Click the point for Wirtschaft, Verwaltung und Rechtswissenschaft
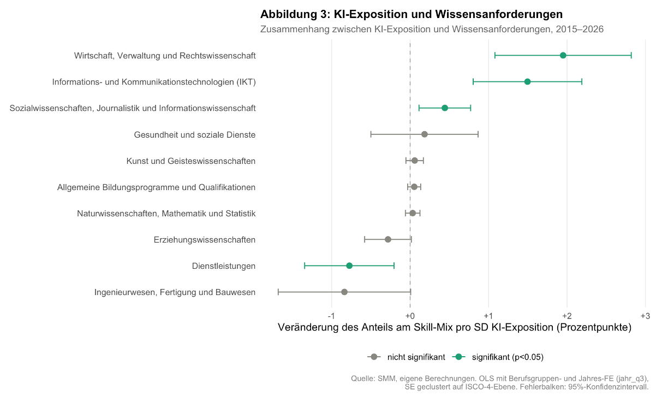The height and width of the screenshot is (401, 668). [563, 55]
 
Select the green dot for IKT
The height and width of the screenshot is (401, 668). [527, 81]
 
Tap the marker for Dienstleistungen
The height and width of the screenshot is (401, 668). [349, 266]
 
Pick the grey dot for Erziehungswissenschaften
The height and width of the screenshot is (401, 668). [388, 239]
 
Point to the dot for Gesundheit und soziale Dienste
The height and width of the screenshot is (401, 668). [425, 134]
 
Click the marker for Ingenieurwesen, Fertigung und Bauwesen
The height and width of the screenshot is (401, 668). [344, 292]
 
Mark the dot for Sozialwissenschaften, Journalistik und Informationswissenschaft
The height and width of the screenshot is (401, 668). [444, 108]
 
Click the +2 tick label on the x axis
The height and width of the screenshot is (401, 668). [566, 316]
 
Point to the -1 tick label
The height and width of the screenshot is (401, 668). [331, 316]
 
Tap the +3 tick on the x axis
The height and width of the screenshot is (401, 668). [645, 316]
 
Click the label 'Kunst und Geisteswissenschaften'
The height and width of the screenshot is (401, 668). [191, 161]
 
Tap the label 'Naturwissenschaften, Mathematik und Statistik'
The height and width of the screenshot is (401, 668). [166, 213]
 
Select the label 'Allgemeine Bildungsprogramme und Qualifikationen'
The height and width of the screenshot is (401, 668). [157, 187]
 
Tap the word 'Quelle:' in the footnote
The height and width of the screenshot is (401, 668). [363, 378]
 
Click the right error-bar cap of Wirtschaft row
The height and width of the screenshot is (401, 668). [631, 55]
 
